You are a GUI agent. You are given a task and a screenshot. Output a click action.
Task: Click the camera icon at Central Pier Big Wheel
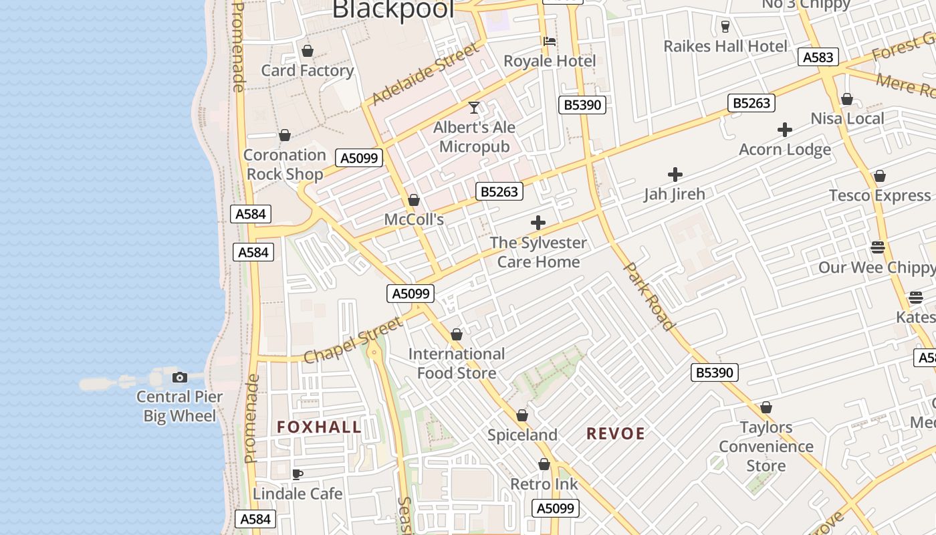click(179, 377)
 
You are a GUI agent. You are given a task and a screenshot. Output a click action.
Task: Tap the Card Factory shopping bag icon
click(308, 51)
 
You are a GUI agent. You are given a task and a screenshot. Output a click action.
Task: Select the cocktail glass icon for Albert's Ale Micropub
click(474, 107)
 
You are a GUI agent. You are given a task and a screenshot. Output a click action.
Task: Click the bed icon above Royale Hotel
click(550, 41)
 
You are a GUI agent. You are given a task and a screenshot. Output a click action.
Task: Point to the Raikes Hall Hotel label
click(725, 46)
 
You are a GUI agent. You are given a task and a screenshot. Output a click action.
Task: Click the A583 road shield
click(818, 58)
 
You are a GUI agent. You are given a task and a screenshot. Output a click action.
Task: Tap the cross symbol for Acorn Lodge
click(785, 130)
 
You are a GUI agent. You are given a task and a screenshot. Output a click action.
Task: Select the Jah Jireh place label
click(675, 194)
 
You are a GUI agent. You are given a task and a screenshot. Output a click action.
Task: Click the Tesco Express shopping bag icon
click(880, 176)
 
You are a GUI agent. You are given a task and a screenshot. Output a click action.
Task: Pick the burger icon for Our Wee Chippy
click(878, 247)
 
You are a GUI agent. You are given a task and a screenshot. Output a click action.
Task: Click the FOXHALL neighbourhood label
click(319, 427)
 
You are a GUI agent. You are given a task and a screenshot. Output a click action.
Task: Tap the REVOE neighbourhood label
click(616, 433)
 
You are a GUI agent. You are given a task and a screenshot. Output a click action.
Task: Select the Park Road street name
click(649, 296)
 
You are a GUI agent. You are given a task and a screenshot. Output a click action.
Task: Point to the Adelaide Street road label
click(425, 74)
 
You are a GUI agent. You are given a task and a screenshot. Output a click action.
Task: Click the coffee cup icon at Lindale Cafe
click(298, 474)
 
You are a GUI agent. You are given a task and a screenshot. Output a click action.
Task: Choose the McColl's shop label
click(414, 219)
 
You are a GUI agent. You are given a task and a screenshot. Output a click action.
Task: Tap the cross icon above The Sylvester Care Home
click(538, 223)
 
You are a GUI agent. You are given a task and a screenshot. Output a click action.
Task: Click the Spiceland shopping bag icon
click(522, 416)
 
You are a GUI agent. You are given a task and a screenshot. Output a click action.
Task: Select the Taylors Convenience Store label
click(766, 446)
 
